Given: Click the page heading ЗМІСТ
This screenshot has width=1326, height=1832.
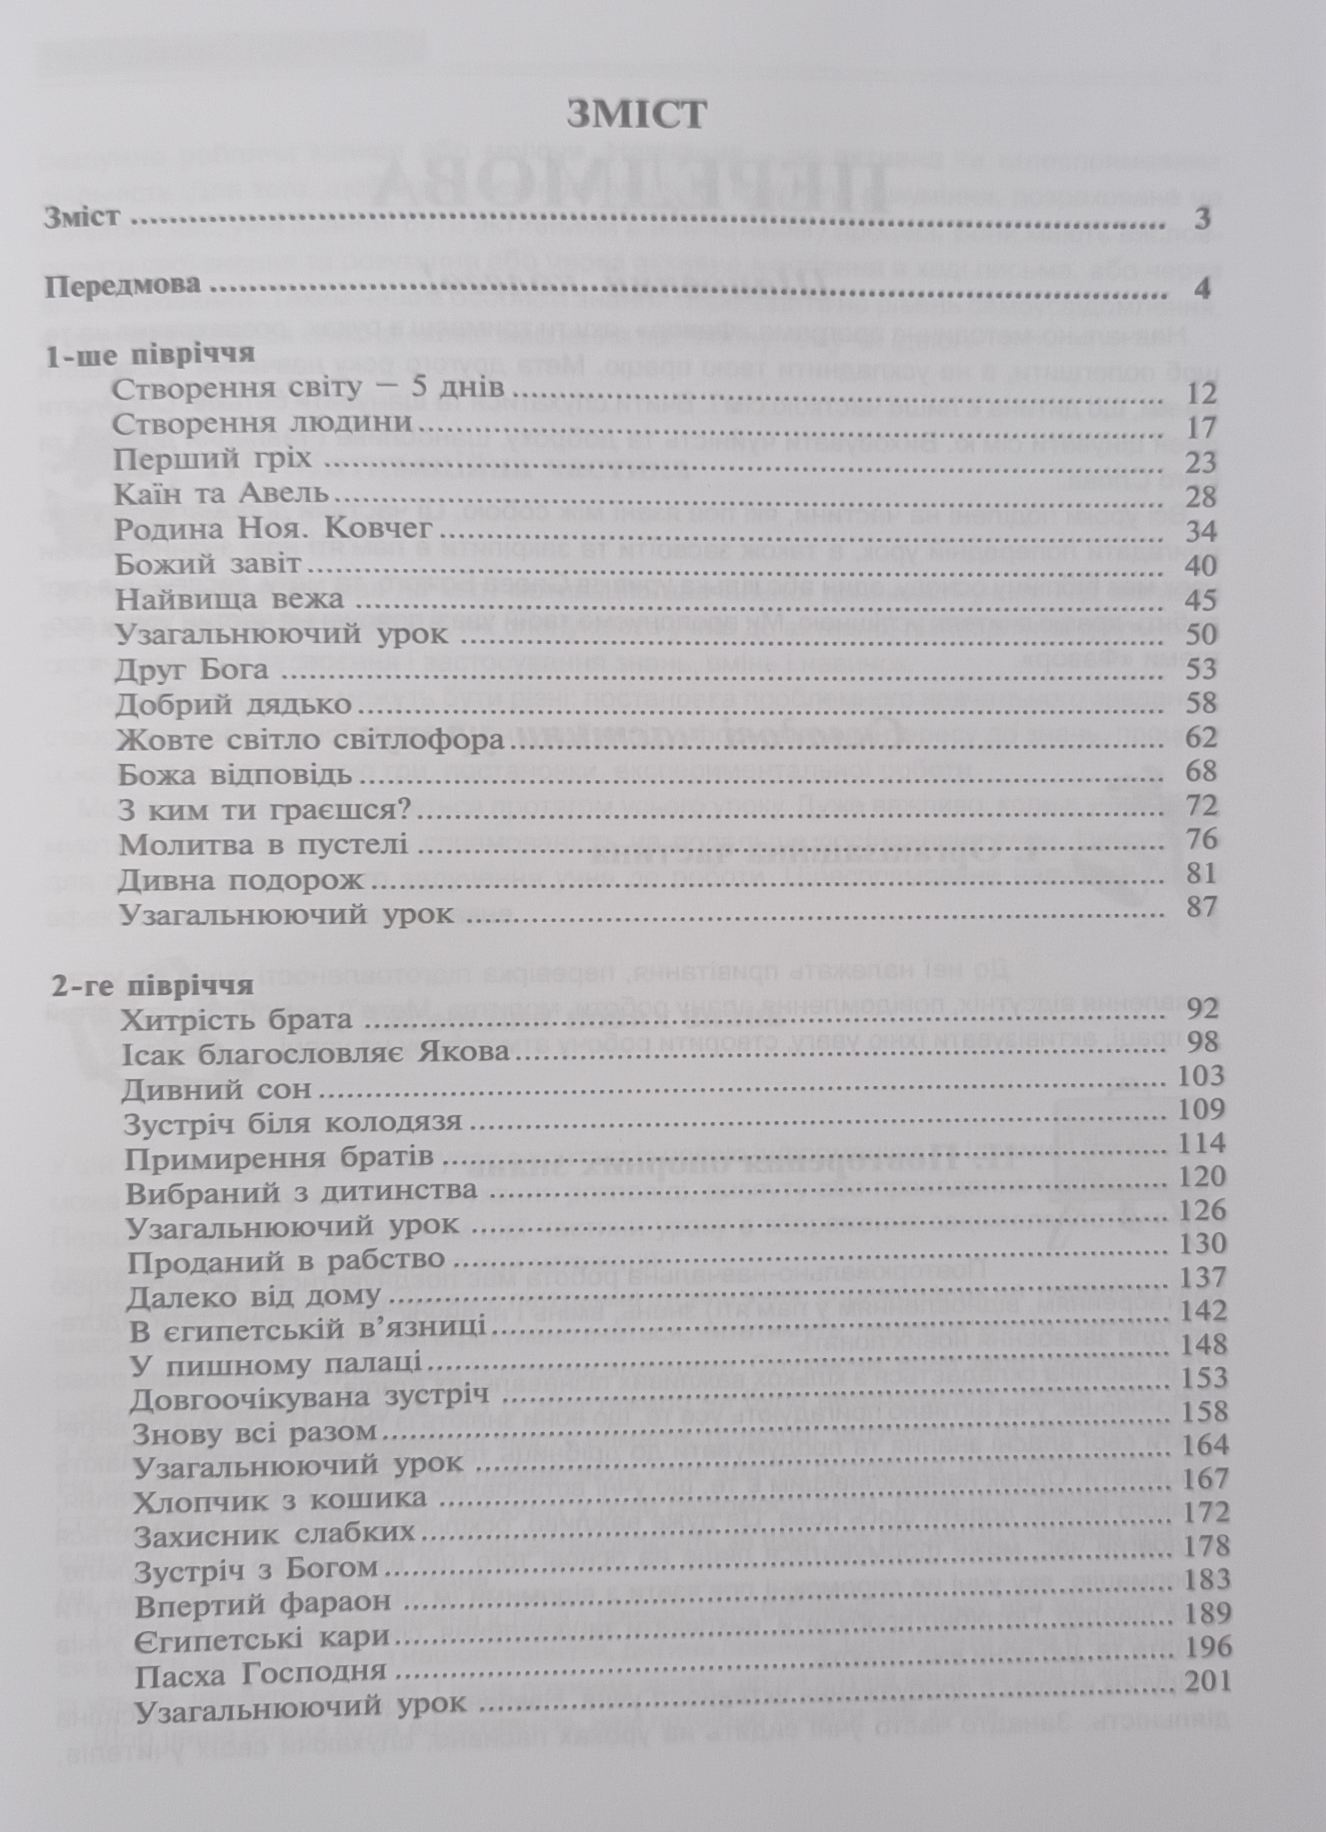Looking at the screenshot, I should tap(636, 115).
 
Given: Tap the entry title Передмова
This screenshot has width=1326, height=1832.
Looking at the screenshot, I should tap(123, 287).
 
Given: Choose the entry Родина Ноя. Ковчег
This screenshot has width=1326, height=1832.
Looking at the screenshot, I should tap(276, 530).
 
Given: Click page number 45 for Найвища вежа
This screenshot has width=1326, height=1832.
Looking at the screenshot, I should tap(1202, 600).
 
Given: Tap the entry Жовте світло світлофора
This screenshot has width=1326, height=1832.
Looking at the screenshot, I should tap(311, 739).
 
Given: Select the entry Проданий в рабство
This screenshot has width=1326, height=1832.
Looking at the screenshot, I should tap(287, 1260).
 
